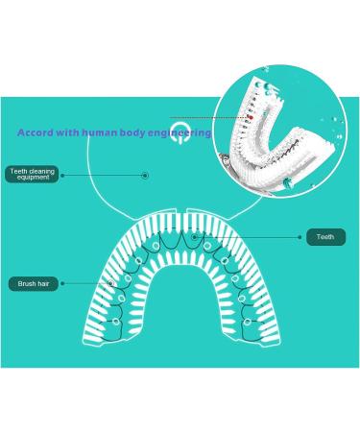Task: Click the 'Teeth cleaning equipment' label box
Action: pos(32,175)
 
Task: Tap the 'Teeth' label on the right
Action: pos(325,236)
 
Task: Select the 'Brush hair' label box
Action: pos(33,284)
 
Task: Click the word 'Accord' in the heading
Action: pos(35,132)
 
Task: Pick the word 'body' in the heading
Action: pos(142,132)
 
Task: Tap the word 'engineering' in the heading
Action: pos(186,132)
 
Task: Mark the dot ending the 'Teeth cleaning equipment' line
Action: pos(145,176)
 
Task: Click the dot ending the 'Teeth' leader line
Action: pos(194,235)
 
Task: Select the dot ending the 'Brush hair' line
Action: pos(112,283)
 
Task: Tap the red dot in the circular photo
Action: pos(249,118)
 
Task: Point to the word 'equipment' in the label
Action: pos(32,179)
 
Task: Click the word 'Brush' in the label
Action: pos(25,284)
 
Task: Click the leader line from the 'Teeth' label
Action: pos(250,236)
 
